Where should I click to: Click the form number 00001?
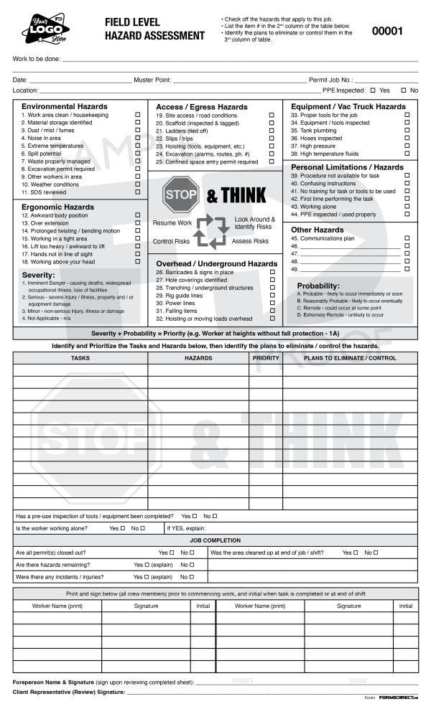(x=387, y=31)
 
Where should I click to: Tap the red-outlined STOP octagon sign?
(x=180, y=194)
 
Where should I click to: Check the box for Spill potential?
(x=137, y=154)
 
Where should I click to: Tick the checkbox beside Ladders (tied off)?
(x=272, y=131)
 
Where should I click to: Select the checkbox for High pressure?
(x=407, y=146)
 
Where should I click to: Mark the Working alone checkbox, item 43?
(x=407, y=207)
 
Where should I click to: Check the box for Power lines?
(x=272, y=303)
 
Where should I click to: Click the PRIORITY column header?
(x=266, y=357)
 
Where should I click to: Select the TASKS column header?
(x=80, y=357)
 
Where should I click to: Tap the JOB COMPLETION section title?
(x=215, y=540)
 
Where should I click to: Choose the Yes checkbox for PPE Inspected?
(x=372, y=90)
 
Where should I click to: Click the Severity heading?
(x=39, y=275)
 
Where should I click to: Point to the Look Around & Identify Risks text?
(x=255, y=222)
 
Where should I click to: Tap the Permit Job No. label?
(x=331, y=80)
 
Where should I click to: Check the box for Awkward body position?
(x=137, y=215)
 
